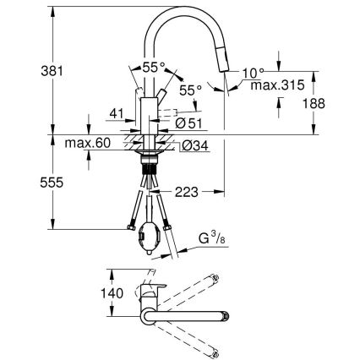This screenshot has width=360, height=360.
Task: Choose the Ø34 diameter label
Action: point(194,145)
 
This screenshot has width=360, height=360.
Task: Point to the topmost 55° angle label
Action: point(153,66)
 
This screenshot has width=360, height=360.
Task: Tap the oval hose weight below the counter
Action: point(151,233)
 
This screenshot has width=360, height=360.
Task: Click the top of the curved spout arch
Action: point(182,11)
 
